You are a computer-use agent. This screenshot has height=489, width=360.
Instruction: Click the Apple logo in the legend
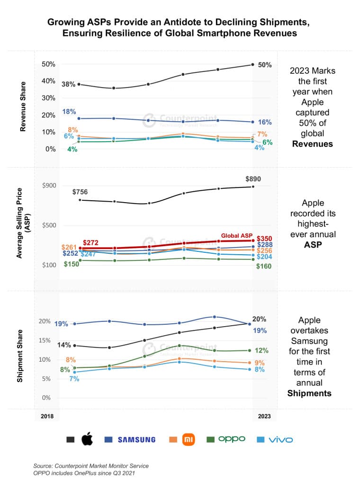87,439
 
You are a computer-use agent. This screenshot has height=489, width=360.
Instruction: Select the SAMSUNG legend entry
136,439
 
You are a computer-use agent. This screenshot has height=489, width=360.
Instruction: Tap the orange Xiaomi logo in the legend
189,439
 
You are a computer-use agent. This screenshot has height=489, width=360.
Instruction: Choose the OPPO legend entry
232,439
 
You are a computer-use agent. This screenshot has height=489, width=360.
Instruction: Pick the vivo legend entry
280,439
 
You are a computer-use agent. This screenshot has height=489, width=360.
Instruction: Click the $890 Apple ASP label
253,179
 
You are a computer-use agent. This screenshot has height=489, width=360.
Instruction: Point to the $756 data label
80,192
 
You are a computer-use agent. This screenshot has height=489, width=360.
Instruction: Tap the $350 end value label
264,238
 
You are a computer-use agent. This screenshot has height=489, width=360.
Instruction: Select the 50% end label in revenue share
265,65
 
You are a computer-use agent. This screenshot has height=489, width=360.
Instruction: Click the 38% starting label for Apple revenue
68,84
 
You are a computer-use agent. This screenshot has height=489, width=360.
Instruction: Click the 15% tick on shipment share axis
45,340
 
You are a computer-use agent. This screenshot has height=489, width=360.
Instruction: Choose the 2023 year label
264,416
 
